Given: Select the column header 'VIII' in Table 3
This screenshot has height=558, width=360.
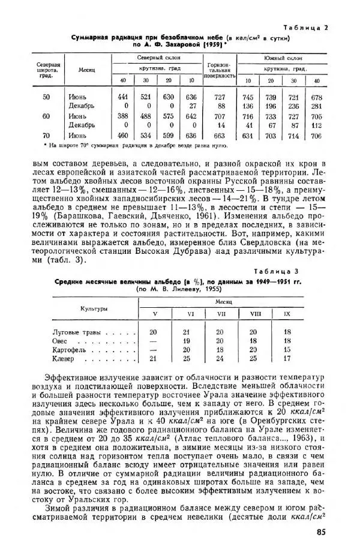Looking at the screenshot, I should tap(253, 313).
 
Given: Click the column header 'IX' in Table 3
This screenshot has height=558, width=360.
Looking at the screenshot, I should tap(287, 313).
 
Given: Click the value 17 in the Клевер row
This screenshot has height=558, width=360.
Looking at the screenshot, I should tap(287, 359).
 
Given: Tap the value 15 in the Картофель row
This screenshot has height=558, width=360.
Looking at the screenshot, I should tap(287, 350).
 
